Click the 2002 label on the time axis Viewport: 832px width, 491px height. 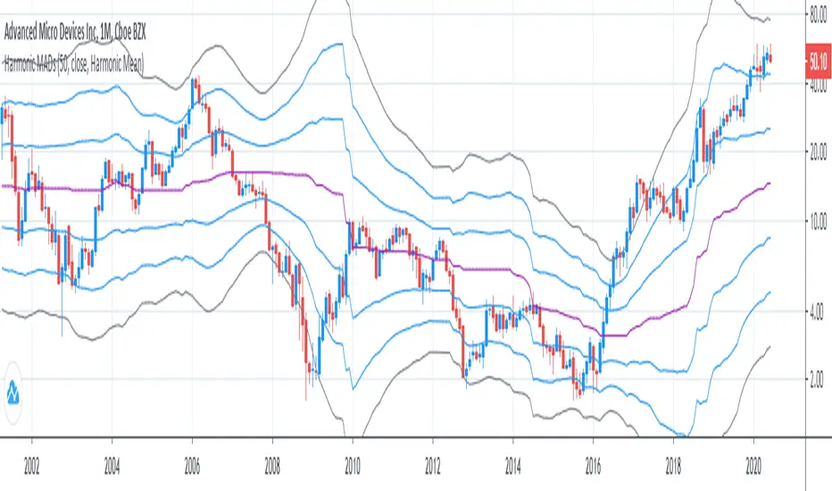31,466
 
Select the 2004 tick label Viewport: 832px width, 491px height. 112,466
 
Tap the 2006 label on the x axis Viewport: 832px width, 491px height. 192,466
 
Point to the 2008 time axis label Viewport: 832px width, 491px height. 272,466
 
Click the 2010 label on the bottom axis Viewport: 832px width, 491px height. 352,466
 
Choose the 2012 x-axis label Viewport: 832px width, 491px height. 432,466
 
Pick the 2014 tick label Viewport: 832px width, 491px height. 512,466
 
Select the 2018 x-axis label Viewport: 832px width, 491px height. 673,466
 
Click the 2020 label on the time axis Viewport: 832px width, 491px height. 753,466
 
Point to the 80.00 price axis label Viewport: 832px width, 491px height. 817,14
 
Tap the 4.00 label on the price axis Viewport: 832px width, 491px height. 817,311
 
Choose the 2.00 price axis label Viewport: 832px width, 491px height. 817,380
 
